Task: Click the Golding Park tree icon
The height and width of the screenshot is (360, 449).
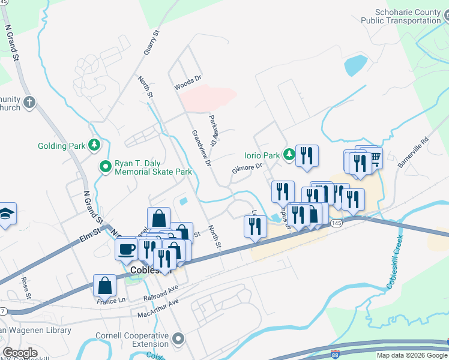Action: click(x=94, y=145)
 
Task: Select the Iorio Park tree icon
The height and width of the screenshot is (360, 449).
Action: click(x=289, y=155)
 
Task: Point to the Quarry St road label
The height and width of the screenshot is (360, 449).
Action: click(x=151, y=43)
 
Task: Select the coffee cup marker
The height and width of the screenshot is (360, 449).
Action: click(x=126, y=248)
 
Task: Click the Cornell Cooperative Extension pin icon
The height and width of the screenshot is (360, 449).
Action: click(x=178, y=340)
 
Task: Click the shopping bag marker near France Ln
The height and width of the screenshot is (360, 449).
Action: click(x=104, y=286)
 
